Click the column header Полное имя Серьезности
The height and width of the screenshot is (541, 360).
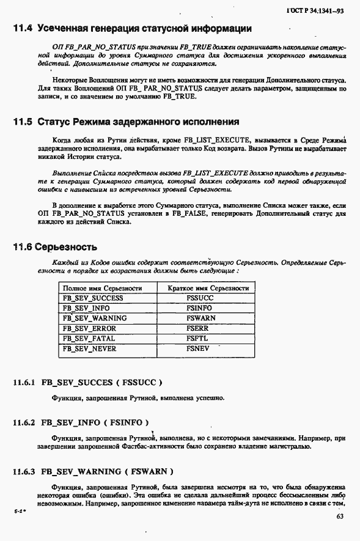pyautogui.click(x=102, y=288)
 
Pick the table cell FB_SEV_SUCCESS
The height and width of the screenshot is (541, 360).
pyautogui.click(x=93, y=298)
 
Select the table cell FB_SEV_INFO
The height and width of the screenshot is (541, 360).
pyautogui.click(x=86, y=308)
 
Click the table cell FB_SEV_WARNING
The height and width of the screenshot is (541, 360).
pyautogui.click(x=94, y=318)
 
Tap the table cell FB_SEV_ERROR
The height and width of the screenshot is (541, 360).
pyautogui.click(x=89, y=328)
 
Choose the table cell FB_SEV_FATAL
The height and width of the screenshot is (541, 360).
pyautogui.click(x=89, y=338)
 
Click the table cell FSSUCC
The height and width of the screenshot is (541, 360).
pyautogui.click(x=200, y=298)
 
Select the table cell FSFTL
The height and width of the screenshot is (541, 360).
pyautogui.click(x=198, y=338)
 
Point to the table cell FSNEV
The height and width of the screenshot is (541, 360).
pyautogui.click(x=199, y=348)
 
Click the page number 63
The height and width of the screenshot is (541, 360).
pyautogui.click(x=340, y=517)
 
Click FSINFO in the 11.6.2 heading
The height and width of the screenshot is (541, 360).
pyautogui.click(x=126, y=422)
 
